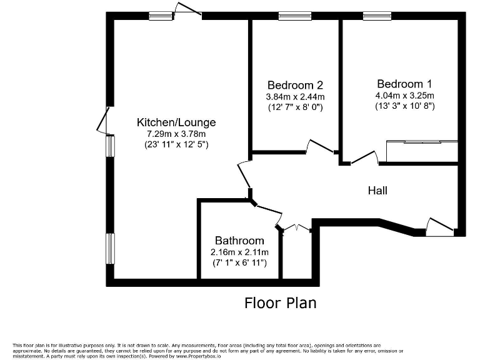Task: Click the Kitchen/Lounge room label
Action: (x=176, y=122)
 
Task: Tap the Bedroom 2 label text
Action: (x=295, y=85)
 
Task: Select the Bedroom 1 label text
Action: (x=404, y=84)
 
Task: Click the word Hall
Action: (x=377, y=190)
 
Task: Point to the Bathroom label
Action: (x=239, y=241)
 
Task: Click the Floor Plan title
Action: (x=280, y=303)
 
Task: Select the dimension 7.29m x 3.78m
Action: (x=176, y=134)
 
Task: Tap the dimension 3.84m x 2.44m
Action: (x=295, y=97)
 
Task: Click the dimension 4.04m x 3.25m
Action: (x=404, y=95)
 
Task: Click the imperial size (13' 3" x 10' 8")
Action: (x=404, y=106)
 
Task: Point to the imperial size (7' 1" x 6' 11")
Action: (x=239, y=263)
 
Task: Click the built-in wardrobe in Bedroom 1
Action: (x=422, y=151)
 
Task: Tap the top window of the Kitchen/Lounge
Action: (x=161, y=16)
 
